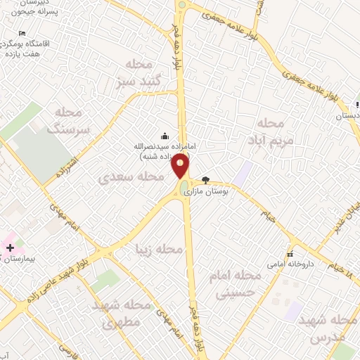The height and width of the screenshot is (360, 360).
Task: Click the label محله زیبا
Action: (x=160, y=250)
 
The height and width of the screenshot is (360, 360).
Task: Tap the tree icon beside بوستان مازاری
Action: (x=205, y=180)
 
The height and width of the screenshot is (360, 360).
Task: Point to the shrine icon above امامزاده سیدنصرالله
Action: (x=165, y=136)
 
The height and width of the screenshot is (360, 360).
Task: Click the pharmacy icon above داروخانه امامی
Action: (x=289, y=255)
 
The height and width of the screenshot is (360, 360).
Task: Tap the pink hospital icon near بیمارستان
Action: (x=10, y=247)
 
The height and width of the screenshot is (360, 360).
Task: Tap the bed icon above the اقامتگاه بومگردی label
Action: (x=22, y=33)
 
